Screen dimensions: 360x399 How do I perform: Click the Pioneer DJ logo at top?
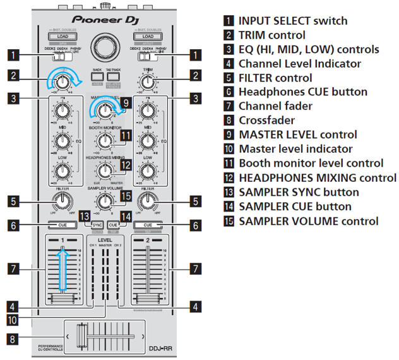[104, 19]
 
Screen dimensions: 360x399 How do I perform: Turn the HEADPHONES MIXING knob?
[104, 170]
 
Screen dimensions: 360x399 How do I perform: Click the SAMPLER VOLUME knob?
[104, 200]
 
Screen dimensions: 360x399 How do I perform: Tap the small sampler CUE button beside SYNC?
[114, 225]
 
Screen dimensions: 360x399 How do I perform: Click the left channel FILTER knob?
[61, 201]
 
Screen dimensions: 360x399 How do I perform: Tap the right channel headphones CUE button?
[148, 225]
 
